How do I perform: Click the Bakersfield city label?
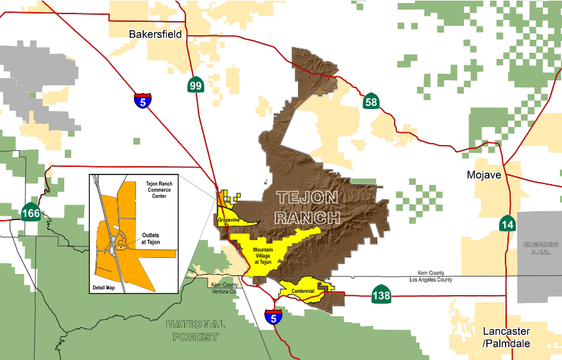155,34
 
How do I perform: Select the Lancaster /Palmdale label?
506,337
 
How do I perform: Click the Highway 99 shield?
196,86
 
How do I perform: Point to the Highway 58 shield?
370,101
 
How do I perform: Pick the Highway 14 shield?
507,224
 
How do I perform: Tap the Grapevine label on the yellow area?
228,219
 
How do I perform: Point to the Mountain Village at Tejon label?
267,255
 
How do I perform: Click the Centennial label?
303,291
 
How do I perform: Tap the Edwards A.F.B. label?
541,248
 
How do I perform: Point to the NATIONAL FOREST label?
196,330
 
